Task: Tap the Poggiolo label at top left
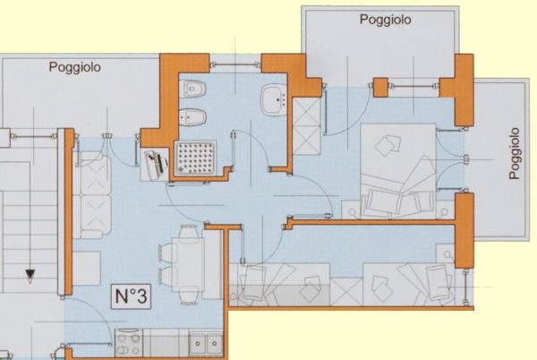[75, 66]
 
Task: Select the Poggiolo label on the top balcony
[386, 19]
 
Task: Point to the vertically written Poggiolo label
[515, 153]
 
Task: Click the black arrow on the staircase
[30, 275]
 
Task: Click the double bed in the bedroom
[398, 170]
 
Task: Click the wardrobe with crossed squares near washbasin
[308, 127]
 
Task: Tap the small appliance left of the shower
[153, 162]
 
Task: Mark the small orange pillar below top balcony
[380, 88]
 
